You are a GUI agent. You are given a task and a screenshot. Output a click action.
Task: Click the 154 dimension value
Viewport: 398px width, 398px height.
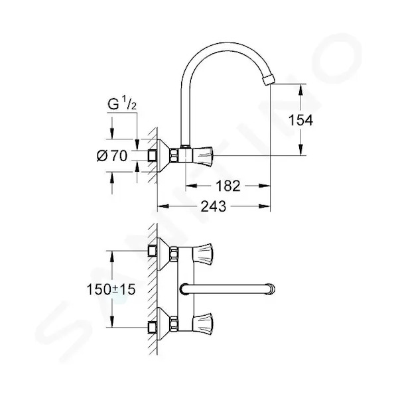click(300, 120)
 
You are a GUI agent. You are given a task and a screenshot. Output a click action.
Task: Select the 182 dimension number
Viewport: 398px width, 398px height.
click(228, 186)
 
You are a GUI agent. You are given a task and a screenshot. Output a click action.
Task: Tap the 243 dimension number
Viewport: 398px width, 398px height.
click(213, 206)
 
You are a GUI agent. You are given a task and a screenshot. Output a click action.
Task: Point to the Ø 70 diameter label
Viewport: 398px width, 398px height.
click(112, 156)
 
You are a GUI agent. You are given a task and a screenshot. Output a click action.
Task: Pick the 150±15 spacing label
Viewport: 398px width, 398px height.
click(111, 289)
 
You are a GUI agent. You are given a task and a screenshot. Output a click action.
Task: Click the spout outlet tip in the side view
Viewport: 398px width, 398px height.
click(269, 80)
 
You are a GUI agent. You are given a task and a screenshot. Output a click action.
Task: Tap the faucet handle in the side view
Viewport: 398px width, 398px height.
click(203, 155)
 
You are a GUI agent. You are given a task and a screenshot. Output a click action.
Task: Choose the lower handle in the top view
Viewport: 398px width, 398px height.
click(203, 322)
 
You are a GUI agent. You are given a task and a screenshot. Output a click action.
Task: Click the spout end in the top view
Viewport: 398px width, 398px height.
click(271, 289)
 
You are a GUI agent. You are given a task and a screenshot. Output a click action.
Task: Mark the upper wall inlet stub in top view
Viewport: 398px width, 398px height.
click(153, 251)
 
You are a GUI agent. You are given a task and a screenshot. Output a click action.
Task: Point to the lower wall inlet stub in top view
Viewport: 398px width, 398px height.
click(153, 328)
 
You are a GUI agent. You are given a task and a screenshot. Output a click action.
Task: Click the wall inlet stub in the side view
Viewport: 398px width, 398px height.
click(153, 155)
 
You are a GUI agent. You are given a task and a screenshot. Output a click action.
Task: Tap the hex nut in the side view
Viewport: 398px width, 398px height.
click(174, 155)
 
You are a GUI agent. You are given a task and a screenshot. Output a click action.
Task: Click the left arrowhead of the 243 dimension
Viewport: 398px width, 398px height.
click(163, 206)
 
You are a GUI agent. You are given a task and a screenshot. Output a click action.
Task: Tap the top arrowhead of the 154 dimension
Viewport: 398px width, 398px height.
click(300, 90)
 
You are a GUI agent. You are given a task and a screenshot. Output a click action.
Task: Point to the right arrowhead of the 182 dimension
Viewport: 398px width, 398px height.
click(264, 186)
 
